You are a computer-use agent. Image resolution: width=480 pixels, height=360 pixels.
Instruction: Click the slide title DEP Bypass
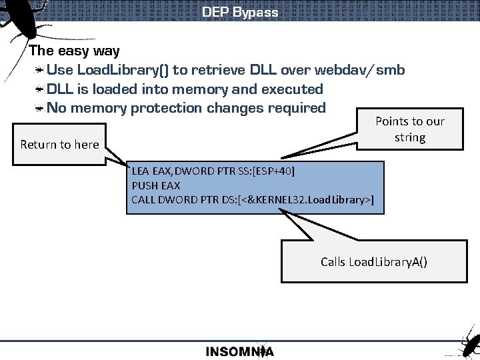click(240, 12)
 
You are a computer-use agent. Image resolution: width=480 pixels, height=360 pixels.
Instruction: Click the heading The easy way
click(74, 51)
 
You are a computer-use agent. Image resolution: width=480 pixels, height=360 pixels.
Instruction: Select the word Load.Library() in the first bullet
click(123, 70)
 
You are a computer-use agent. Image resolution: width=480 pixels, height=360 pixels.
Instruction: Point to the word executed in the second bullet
click(292, 89)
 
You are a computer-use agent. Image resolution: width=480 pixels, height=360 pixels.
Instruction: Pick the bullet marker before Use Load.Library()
click(40, 70)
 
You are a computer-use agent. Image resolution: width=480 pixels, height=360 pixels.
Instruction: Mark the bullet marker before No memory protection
click(40, 107)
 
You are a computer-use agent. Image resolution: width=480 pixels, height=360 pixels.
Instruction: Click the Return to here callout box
click(59, 144)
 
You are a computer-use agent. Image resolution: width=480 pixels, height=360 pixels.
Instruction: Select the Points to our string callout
click(409, 129)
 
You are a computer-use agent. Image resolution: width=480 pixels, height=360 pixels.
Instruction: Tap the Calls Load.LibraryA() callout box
click(373, 261)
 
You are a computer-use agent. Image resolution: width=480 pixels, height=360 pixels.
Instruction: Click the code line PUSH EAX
click(156, 185)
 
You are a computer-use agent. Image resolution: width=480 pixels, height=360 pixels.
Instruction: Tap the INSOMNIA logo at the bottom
click(239, 351)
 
